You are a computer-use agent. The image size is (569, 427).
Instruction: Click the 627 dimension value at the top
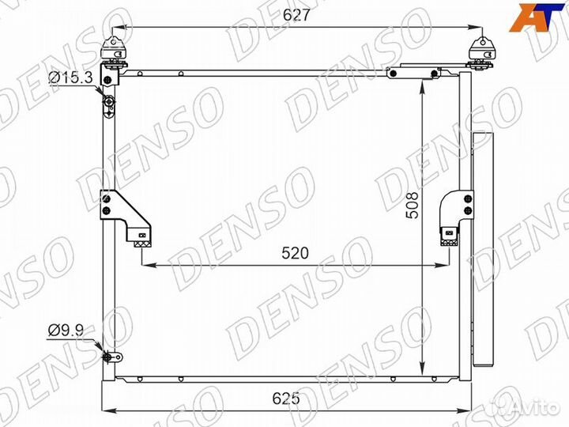pyautogui.click(x=297, y=14)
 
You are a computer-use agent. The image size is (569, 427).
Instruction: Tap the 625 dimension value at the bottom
pyautogui.click(x=286, y=399)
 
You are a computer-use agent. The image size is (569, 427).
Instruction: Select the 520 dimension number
pyautogui.click(x=295, y=253)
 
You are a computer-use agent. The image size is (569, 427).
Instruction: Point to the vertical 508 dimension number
pyautogui.click(x=412, y=206)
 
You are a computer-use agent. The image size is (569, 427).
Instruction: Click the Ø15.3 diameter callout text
pyautogui.click(x=71, y=77)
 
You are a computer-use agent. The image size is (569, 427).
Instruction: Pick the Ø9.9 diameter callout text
pyautogui.click(x=66, y=331)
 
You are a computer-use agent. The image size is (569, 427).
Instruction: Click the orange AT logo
pyautogui.click(x=538, y=17)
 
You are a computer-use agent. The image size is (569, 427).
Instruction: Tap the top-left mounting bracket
pyautogui.click(x=113, y=54)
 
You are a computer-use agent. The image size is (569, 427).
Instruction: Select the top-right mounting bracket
pyautogui.click(x=482, y=53)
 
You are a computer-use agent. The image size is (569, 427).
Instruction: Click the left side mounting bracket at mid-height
pyautogui.click(x=126, y=218)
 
